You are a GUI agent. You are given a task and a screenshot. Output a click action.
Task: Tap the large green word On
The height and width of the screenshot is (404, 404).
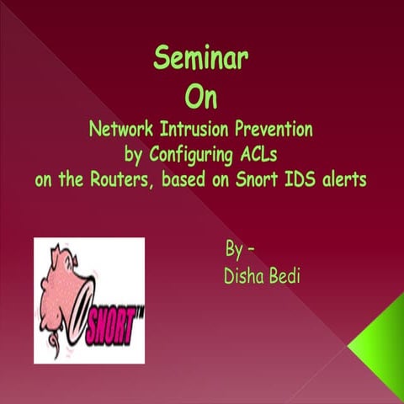pos(200,96)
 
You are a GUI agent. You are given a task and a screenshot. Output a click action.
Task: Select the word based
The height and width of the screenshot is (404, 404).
pos(187,180)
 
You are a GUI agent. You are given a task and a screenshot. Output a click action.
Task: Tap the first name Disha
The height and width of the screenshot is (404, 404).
pos(242,275)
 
